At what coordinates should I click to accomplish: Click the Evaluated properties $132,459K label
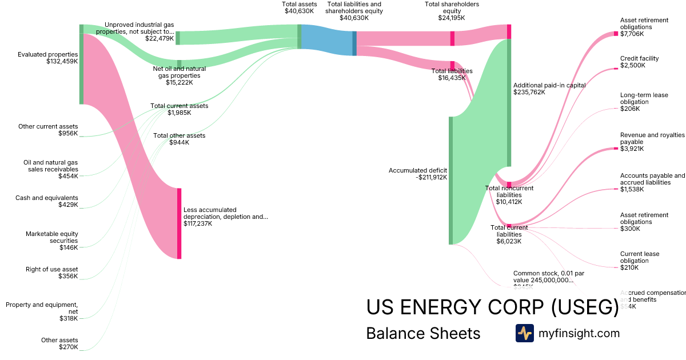47,58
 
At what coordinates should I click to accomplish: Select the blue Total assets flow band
326,40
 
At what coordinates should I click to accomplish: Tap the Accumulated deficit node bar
450,181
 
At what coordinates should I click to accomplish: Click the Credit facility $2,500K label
639,62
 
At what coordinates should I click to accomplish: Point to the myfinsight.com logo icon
524,333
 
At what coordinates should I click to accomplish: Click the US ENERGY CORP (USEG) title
492,307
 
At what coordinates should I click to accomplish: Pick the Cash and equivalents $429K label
47,201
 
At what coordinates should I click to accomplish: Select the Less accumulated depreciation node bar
179,223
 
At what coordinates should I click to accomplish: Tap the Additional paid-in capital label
549,88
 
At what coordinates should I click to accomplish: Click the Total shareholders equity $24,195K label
452,11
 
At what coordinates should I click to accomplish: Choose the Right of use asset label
52,273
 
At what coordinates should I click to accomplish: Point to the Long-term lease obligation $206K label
644,102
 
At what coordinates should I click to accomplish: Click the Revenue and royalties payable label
652,142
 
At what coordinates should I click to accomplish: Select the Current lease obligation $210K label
639,261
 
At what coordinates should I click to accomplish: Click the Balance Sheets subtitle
423,333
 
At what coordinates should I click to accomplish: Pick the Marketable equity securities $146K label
52,241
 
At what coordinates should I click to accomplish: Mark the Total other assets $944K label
179,139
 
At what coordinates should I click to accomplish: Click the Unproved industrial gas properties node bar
178,38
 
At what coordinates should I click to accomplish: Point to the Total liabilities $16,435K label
452,74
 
